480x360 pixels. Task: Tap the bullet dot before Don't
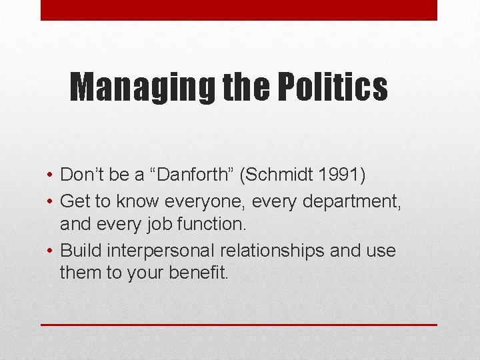pyautogui.click(x=51, y=176)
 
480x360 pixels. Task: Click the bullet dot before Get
pyautogui.click(x=51, y=201)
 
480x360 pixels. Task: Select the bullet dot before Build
pyautogui.click(x=51, y=251)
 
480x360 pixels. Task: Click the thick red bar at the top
pyautogui.click(x=239, y=10)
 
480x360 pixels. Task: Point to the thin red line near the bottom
pyautogui.click(x=239, y=325)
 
